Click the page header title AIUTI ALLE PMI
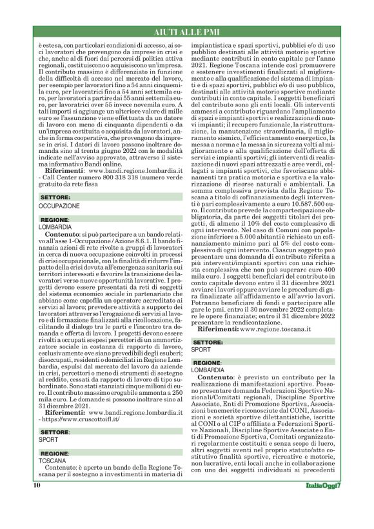coord(187,32)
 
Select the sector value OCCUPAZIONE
coord(59,205)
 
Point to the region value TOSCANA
coord(52,461)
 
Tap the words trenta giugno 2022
coord(102,150)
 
